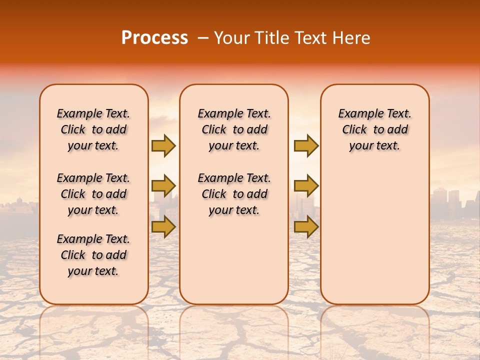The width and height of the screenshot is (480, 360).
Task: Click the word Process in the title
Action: tap(154, 38)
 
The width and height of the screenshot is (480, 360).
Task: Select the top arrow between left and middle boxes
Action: tap(163, 146)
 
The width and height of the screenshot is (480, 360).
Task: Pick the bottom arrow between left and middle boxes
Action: tap(163, 227)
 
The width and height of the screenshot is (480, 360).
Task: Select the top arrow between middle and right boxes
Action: tap(305, 146)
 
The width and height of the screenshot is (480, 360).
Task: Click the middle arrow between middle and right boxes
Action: tap(305, 186)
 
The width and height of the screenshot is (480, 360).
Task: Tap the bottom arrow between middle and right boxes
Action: tap(305, 227)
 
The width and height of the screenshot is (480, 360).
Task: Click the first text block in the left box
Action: tap(93, 129)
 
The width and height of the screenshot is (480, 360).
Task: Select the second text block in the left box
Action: tap(93, 194)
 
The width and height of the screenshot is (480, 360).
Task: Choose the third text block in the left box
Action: tap(93, 255)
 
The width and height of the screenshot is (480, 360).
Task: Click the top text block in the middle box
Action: tap(234, 129)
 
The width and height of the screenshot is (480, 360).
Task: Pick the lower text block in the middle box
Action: tap(234, 194)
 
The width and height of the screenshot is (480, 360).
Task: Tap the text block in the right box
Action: tap(374, 129)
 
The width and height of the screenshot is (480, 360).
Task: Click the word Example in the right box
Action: tap(356, 114)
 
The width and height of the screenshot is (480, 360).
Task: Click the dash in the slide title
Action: tap(202, 38)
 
